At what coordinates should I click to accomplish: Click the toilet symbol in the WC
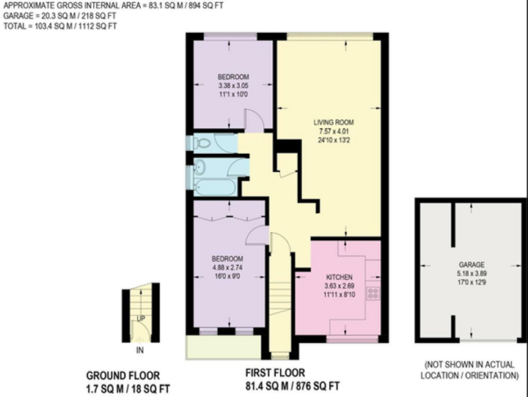tap(202, 144)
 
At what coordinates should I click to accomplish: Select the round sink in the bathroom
tap(200, 167)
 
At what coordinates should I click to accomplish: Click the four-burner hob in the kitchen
tap(373, 293)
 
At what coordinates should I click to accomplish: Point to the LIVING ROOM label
tap(334, 122)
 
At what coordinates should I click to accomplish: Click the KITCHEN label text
tap(339, 277)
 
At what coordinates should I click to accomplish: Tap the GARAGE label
tap(472, 264)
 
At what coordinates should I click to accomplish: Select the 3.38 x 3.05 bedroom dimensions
tap(233, 86)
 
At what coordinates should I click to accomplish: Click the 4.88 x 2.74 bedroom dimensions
tap(227, 268)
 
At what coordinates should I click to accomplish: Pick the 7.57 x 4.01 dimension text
tap(334, 131)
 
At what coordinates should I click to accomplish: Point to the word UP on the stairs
tap(141, 319)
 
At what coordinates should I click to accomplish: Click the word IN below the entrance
tap(140, 350)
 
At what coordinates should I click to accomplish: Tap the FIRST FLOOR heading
tap(275, 373)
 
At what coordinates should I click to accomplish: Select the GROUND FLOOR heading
tap(123, 376)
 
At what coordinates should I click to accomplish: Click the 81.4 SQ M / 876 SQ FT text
tap(293, 386)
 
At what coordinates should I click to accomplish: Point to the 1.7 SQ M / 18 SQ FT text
tap(128, 389)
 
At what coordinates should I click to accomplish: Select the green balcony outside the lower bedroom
tap(223, 347)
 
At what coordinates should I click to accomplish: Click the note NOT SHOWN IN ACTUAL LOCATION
tap(469, 370)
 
